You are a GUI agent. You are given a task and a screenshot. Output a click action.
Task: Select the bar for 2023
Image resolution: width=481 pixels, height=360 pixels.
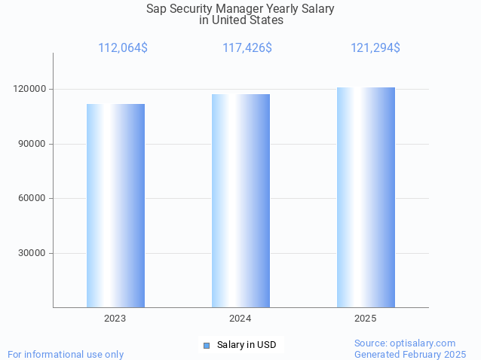(x=115, y=206)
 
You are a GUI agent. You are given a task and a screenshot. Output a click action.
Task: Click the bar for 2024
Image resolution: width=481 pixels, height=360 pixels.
(x=240, y=200)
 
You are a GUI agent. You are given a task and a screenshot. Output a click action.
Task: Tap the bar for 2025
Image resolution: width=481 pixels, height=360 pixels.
(x=366, y=197)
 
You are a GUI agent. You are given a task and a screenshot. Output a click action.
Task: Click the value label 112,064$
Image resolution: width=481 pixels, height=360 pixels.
(x=123, y=48)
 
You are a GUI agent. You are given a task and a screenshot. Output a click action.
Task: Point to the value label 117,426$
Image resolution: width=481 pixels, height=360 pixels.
(x=247, y=48)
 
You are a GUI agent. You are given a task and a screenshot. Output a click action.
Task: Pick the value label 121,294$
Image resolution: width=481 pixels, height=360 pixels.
(x=375, y=48)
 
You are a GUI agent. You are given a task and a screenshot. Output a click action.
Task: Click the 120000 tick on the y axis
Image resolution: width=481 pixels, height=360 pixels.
(x=31, y=89)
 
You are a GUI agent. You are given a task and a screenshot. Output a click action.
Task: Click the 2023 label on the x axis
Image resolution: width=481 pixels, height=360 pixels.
(x=115, y=319)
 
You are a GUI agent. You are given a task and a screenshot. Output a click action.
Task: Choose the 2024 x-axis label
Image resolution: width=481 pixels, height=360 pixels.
(x=240, y=319)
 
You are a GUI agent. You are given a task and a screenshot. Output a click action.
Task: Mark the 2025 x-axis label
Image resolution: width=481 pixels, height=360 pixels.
(x=366, y=319)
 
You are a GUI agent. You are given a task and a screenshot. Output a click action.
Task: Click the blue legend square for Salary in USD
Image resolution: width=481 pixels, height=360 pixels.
(x=206, y=346)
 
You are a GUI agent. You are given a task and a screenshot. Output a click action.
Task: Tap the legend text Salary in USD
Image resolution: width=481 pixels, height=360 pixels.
(x=247, y=345)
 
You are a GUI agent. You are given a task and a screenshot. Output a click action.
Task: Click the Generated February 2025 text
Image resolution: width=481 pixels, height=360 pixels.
(x=410, y=354)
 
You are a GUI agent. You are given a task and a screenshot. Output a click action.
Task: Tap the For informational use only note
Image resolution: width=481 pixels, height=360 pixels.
(x=66, y=354)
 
